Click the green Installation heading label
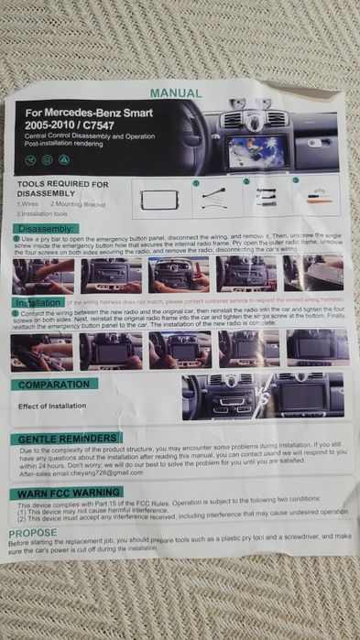(38, 302)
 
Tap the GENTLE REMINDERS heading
(68, 439)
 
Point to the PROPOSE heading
(34, 532)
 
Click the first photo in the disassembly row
(43, 274)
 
